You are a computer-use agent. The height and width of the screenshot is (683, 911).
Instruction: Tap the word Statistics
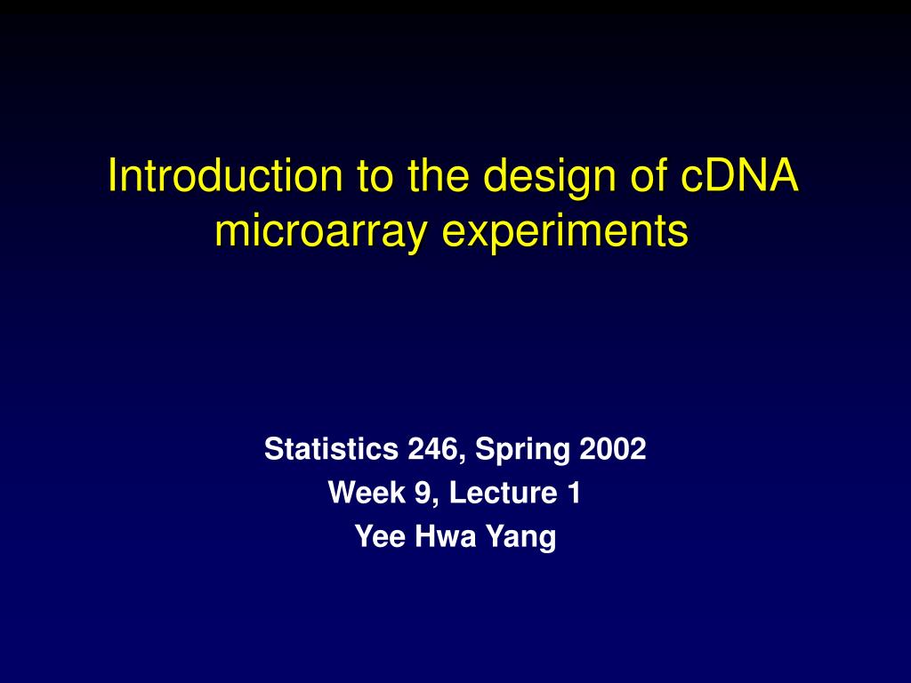[x=331, y=450]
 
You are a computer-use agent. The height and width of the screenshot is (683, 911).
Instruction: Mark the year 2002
[x=613, y=450]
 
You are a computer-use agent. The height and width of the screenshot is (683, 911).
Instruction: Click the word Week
[x=360, y=493]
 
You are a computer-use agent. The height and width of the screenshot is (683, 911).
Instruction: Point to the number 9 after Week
[x=415, y=493]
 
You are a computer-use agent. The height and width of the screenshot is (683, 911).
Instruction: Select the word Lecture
[x=501, y=493]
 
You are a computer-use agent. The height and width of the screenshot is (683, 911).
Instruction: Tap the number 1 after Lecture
[x=573, y=493]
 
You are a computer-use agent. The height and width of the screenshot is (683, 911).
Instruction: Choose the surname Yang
[x=520, y=538]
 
